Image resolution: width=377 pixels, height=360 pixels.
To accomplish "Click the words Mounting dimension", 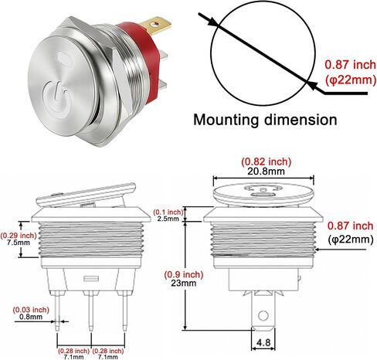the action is click(x=265, y=120).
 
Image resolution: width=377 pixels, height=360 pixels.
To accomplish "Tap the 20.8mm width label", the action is click(x=266, y=172).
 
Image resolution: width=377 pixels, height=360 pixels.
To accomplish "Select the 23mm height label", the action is click(x=184, y=283).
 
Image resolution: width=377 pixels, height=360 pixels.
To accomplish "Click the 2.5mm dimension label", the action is click(x=168, y=219).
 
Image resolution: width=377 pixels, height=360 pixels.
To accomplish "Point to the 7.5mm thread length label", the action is click(x=19, y=243).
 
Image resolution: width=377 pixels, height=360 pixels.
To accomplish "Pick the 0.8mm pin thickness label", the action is click(x=31, y=317).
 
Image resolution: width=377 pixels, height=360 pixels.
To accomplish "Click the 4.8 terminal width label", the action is click(x=263, y=342).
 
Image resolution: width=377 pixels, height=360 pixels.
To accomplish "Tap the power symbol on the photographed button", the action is click(x=56, y=97).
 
